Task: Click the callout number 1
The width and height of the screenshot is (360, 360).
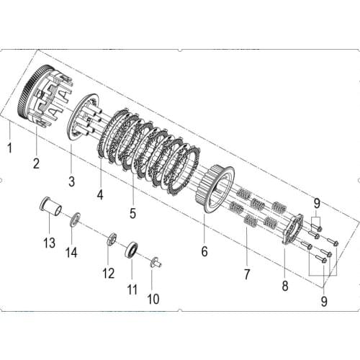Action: tap(9, 149)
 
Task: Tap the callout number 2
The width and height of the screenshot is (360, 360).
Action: tap(35, 163)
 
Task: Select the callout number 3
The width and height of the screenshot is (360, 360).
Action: tap(71, 179)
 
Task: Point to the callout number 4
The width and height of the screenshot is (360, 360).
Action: tap(100, 194)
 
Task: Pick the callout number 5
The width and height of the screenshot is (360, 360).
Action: tap(133, 212)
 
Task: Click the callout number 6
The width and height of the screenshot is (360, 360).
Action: tap(204, 252)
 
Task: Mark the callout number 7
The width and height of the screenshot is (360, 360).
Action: tap(247, 274)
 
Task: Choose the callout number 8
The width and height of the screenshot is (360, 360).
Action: tap(285, 287)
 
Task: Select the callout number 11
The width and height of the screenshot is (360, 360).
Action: tap(132, 290)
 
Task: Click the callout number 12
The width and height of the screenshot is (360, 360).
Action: tap(108, 273)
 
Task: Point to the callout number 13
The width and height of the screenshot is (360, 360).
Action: tap(49, 243)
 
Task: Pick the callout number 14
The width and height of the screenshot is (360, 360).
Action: tap(71, 252)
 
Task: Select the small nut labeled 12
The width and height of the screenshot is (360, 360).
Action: tap(112, 240)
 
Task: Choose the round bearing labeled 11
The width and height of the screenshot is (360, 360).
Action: tap(132, 251)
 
